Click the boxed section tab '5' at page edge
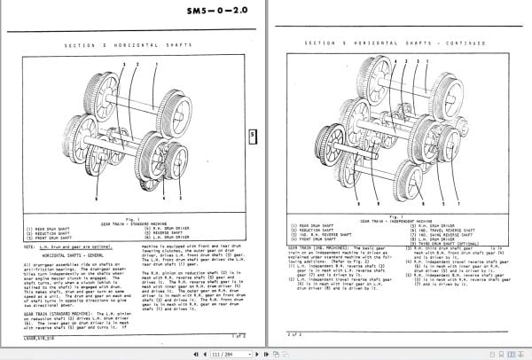click(x=254, y=136)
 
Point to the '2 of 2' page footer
click(x=297, y=334)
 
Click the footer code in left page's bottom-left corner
click(x=39, y=335)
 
